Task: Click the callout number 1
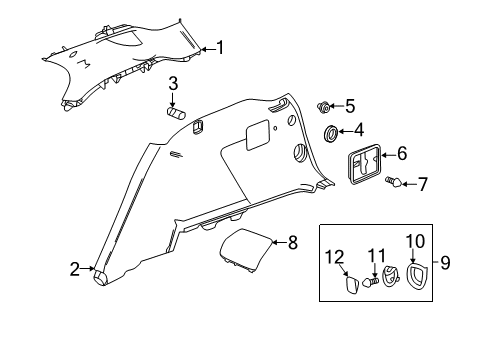pyautogui.click(x=221, y=47)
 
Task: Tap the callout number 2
pyautogui.click(x=74, y=267)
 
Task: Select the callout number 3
pyautogui.click(x=173, y=82)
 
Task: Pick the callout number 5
pyautogui.click(x=349, y=105)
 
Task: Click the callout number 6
pyautogui.click(x=402, y=154)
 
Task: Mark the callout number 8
pyautogui.click(x=293, y=241)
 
